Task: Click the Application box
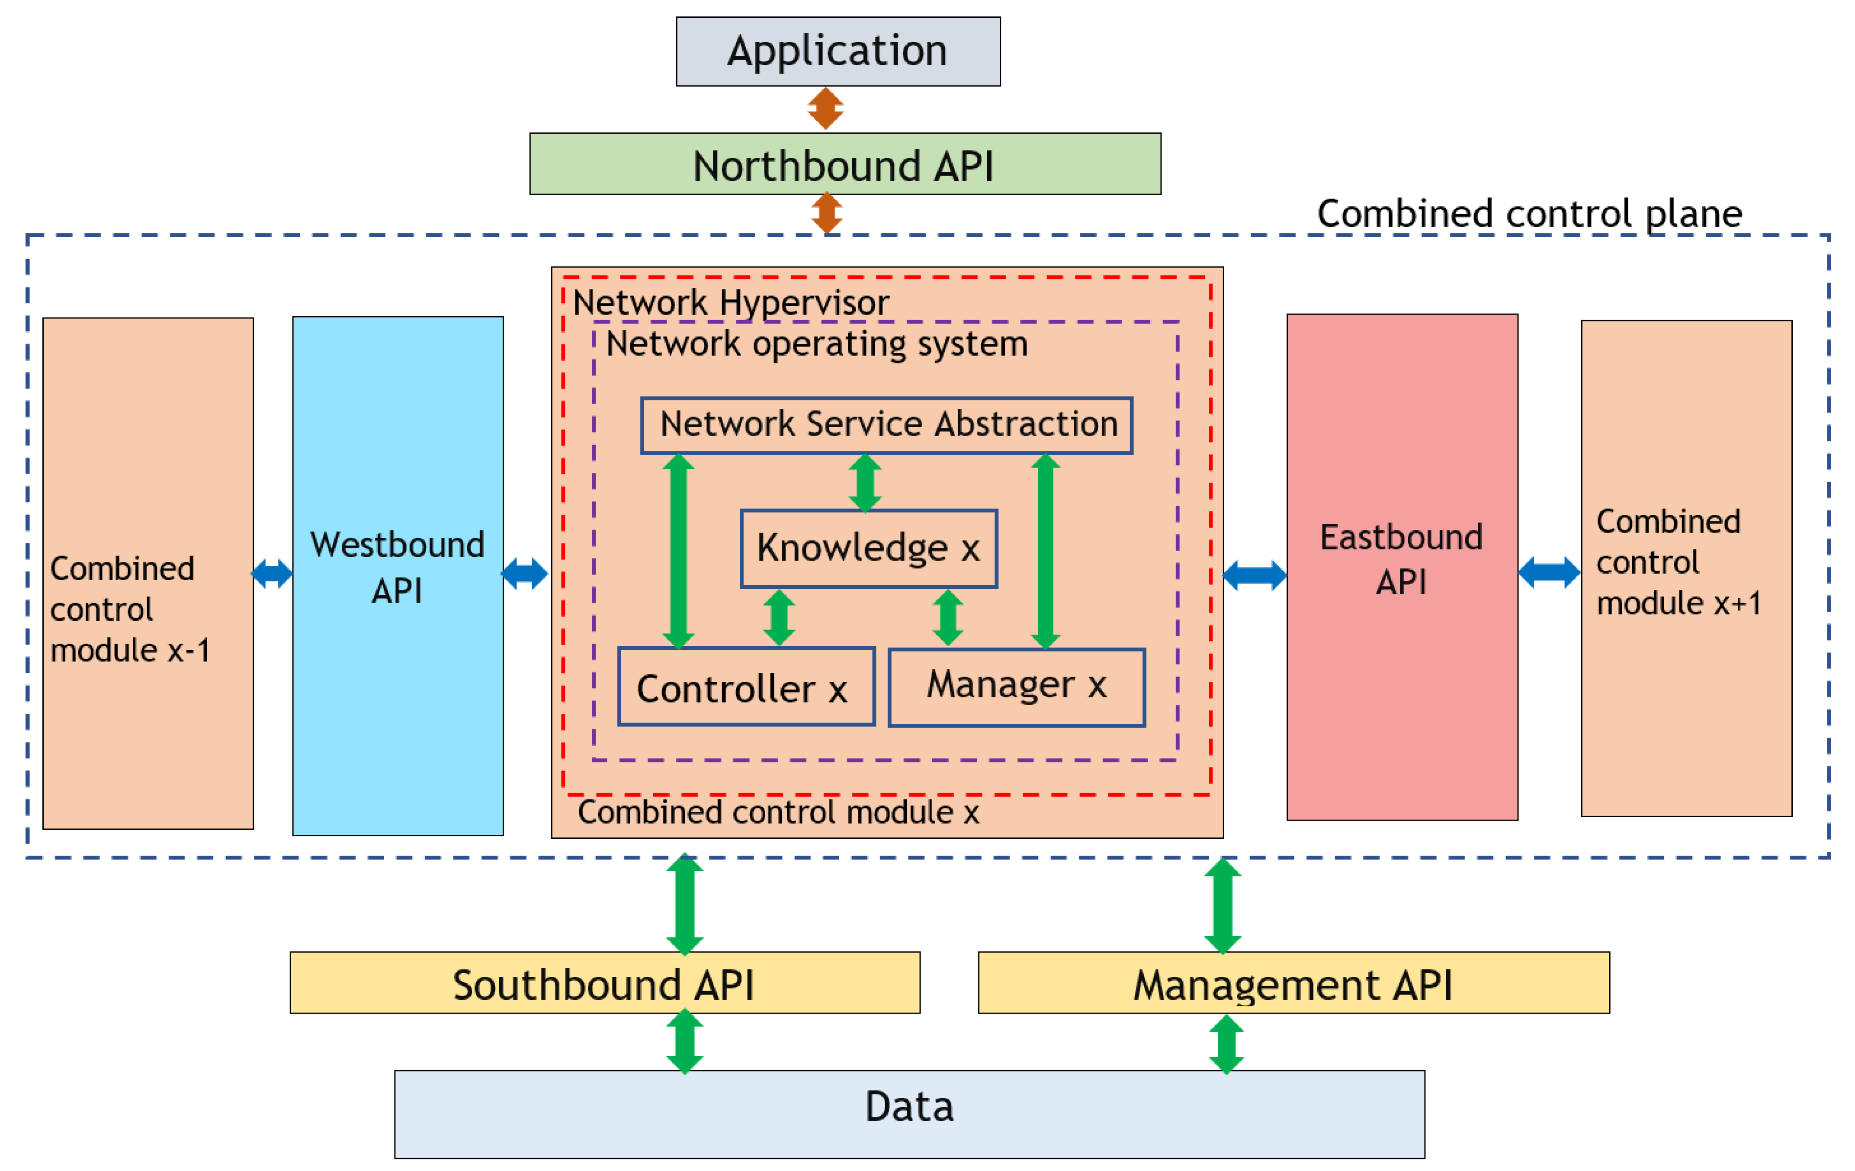pyautogui.click(x=838, y=51)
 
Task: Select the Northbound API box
pyautogui.click(x=844, y=164)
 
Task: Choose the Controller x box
pyautogui.click(x=746, y=687)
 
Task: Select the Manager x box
pyautogui.click(x=1016, y=687)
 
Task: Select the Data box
pyautogui.click(x=909, y=1113)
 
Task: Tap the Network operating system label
pyautogui.click(x=817, y=343)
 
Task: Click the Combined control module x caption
pyautogui.click(x=778, y=812)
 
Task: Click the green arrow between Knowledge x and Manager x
pyautogui.click(x=947, y=617)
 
